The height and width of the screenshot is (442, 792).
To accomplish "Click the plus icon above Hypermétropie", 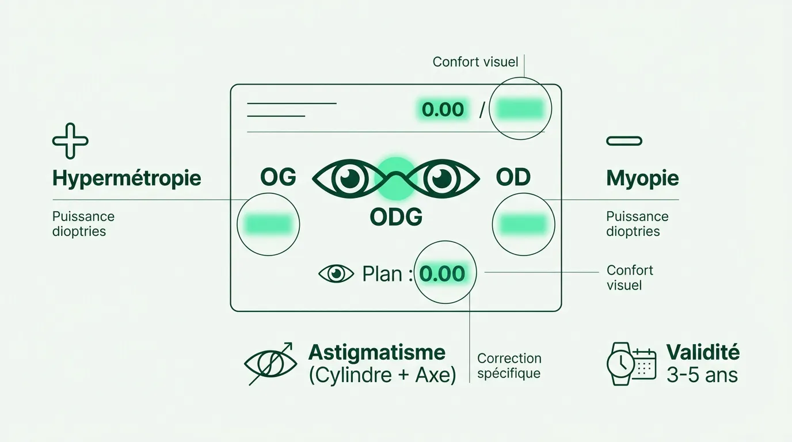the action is coord(70,141).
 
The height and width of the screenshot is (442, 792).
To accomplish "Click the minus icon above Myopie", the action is coord(624,141).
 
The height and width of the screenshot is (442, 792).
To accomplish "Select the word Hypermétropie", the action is coord(127,178).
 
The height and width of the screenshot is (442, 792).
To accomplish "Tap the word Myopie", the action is coord(642,178).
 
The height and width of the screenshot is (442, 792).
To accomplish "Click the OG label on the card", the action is coord(278,177).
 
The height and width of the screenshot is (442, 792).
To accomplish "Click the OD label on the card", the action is coord(513,177).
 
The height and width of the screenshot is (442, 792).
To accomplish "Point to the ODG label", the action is coord(396,217).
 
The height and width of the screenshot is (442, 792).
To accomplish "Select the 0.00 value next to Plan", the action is coord(442,274).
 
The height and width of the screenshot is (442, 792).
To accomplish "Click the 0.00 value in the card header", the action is coord(443,109).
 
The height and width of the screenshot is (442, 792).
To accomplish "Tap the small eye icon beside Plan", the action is coord(336,274).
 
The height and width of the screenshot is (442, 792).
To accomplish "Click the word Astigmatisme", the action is coord(377,352).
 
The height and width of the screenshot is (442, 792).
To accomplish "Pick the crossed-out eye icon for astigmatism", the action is coord(271,364).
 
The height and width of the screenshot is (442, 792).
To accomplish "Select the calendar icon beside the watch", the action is coord(644,364).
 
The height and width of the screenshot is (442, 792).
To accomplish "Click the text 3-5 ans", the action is coord(702,375).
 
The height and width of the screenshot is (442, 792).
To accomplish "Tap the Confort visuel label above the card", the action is coord(475,62).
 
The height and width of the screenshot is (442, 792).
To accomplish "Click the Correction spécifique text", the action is coord(509,365).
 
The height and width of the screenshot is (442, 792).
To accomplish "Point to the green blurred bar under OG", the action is coord(268,224).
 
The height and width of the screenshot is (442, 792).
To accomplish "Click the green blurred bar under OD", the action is coord(524,224).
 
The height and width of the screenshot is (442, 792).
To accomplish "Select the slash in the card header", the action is coord(482,109).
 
